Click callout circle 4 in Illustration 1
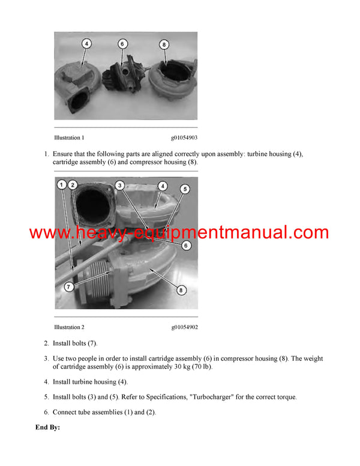(86, 44)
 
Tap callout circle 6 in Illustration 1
(122, 44)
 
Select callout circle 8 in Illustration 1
(164, 44)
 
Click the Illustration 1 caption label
(69, 138)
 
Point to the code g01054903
(184, 138)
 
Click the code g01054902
(184, 327)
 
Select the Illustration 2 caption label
(69, 327)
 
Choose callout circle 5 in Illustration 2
(185, 189)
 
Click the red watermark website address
(179, 233)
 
